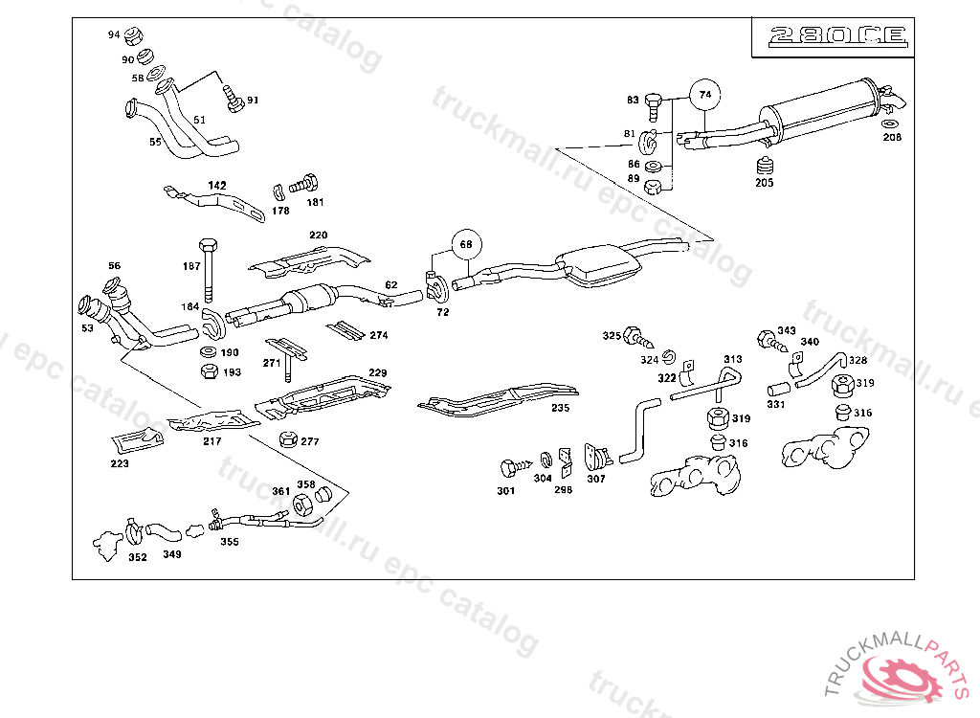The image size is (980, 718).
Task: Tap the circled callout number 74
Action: pos(705,95)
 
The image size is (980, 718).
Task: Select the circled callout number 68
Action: pos(466,244)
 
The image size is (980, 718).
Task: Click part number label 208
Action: pos(892,138)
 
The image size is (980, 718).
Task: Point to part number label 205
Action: pos(764,183)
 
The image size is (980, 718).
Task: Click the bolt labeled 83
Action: pos(655,101)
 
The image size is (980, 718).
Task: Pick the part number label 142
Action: pos(217,185)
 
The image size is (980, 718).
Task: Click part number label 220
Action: pos(318,236)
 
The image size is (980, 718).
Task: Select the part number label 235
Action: pos(560,408)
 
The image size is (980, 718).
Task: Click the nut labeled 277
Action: pos(285,439)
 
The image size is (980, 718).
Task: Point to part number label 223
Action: pos(120,464)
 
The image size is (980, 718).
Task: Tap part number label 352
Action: pos(138,558)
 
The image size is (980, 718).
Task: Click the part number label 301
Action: pos(505,491)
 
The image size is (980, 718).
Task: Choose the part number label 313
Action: pos(732,360)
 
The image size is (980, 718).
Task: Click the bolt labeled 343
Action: pos(767,339)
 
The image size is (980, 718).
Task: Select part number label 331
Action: pos(775,405)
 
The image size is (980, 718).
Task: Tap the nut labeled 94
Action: pos(135,36)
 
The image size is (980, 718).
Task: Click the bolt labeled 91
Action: pos(231,94)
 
